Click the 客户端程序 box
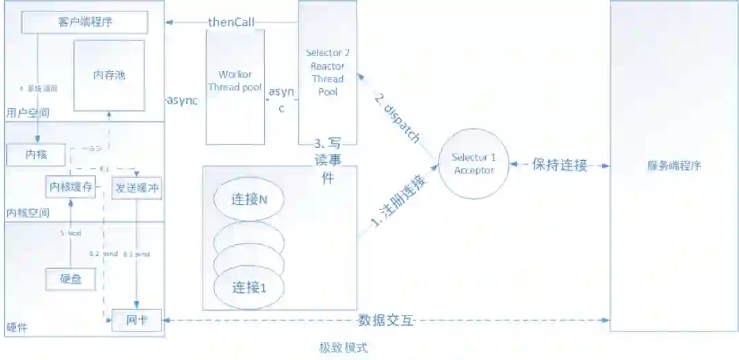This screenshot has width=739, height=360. (x=86, y=23)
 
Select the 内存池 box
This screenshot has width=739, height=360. (x=109, y=75)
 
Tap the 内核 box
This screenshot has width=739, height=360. (x=36, y=155)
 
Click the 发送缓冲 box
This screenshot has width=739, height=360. (x=137, y=187)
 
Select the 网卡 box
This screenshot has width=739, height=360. (x=137, y=320)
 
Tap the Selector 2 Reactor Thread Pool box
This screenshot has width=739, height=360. (x=328, y=72)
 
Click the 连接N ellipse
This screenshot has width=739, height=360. (x=248, y=200)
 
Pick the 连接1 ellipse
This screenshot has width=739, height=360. (x=248, y=285)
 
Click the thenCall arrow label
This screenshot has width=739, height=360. (x=231, y=23)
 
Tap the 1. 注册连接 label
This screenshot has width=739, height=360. (x=399, y=203)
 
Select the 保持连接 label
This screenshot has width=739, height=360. (x=559, y=165)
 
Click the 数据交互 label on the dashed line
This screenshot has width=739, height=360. (x=385, y=320)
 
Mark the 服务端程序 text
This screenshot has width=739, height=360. (x=674, y=165)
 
